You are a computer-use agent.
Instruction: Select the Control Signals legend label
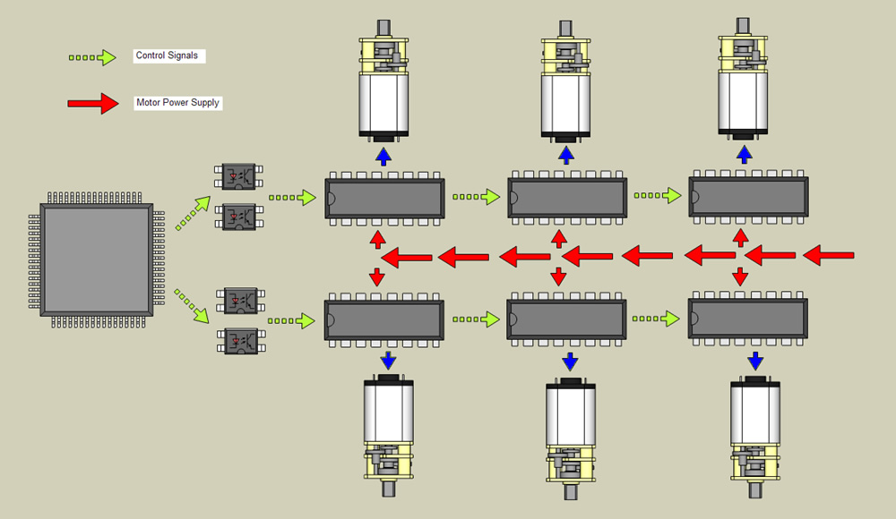click(168, 55)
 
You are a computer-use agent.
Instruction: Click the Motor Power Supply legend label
click(177, 103)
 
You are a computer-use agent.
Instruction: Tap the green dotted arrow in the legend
click(93, 57)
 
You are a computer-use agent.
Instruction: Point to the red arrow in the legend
click(93, 104)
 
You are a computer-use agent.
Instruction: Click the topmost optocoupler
click(239, 175)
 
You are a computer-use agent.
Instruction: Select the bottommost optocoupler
click(239, 340)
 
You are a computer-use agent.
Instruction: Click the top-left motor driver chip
click(384, 198)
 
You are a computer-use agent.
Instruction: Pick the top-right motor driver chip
click(747, 197)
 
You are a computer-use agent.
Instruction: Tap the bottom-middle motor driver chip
click(566, 319)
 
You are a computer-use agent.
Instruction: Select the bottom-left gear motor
click(388, 434)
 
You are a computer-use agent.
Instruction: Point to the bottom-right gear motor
click(755, 434)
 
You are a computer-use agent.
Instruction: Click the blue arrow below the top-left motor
click(383, 157)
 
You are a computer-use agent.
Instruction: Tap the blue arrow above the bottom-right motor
click(755, 361)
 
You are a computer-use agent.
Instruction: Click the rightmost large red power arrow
click(828, 257)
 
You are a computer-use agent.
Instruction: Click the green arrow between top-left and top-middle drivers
click(476, 196)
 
